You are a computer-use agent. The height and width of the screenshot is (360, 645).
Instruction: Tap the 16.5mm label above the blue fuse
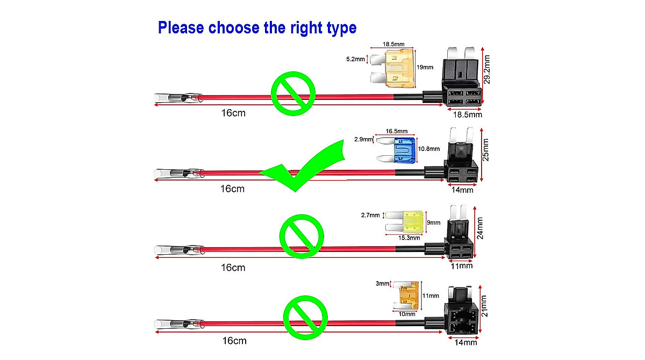[x=397, y=131]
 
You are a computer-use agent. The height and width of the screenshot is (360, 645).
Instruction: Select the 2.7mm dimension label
[x=371, y=215]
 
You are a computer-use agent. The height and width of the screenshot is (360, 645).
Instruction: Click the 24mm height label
[x=481, y=228]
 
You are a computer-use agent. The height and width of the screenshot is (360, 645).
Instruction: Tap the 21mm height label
[x=484, y=306]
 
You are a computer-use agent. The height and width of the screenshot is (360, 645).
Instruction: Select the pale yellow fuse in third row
[x=412, y=220]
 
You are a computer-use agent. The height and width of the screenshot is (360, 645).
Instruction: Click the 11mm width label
[x=461, y=265]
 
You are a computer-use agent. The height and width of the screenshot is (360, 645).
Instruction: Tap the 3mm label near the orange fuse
[x=383, y=283]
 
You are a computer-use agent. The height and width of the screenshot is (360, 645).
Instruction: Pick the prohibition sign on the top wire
[x=293, y=93]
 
